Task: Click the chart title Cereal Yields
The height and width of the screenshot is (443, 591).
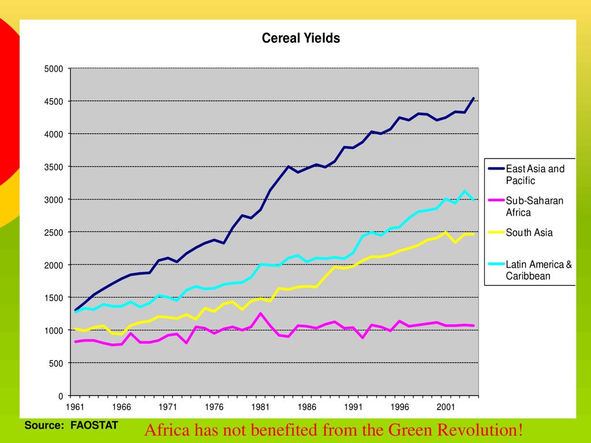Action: click(x=301, y=39)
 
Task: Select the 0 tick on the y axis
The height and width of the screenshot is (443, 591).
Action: click(x=60, y=396)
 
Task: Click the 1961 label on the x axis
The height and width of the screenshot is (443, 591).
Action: click(x=75, y=407)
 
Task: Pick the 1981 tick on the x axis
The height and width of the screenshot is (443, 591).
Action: click(x=260, y=407)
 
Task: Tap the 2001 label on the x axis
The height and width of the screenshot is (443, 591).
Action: click(x=446, y=407)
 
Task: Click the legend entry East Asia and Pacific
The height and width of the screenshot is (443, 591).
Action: click(x=535, y=175)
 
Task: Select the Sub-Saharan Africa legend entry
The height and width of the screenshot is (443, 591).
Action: click(x=534, y=207)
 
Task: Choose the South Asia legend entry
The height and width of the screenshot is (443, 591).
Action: click(x=529, y=233)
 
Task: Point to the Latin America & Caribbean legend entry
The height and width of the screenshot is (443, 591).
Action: click(x=538, y=270)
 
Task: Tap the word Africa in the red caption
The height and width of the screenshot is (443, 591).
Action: click(x=165, y=430)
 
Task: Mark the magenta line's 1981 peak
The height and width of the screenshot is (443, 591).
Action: click(x=261, y=313)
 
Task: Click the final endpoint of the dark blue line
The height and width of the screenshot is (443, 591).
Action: click(x=474, y=98)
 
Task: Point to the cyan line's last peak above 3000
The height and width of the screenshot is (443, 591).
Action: click(x=465, y=191)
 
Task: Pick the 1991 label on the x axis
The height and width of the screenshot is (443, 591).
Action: click(x=353, y=407)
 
